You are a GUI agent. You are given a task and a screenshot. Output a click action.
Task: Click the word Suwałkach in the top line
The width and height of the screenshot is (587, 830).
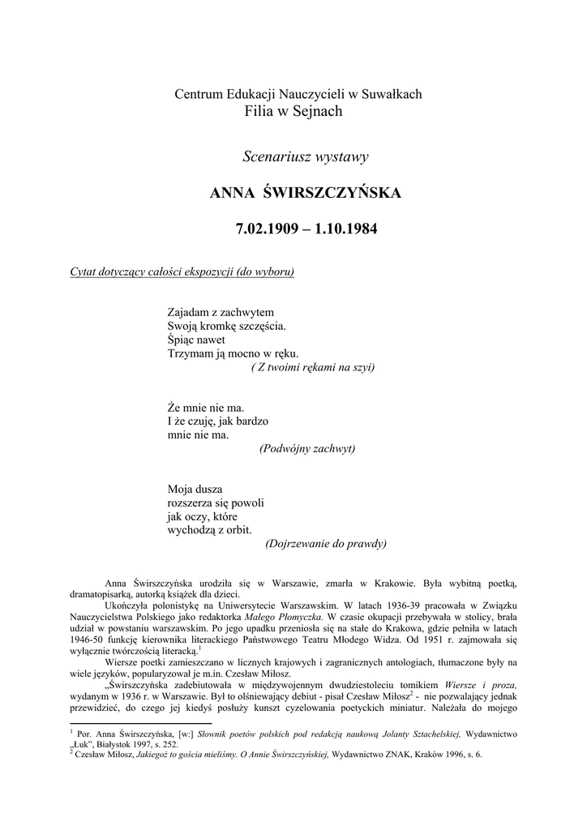393,94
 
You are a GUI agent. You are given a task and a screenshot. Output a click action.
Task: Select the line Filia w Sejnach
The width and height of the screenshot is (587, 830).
293,111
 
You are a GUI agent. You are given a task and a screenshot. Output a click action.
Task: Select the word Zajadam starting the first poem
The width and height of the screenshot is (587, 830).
187,311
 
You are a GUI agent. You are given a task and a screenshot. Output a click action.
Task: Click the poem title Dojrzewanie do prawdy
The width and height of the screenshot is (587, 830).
325,544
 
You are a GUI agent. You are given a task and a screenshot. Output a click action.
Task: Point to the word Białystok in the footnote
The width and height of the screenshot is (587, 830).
122,743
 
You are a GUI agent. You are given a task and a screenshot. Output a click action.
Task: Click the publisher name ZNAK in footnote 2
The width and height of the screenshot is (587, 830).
390,755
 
